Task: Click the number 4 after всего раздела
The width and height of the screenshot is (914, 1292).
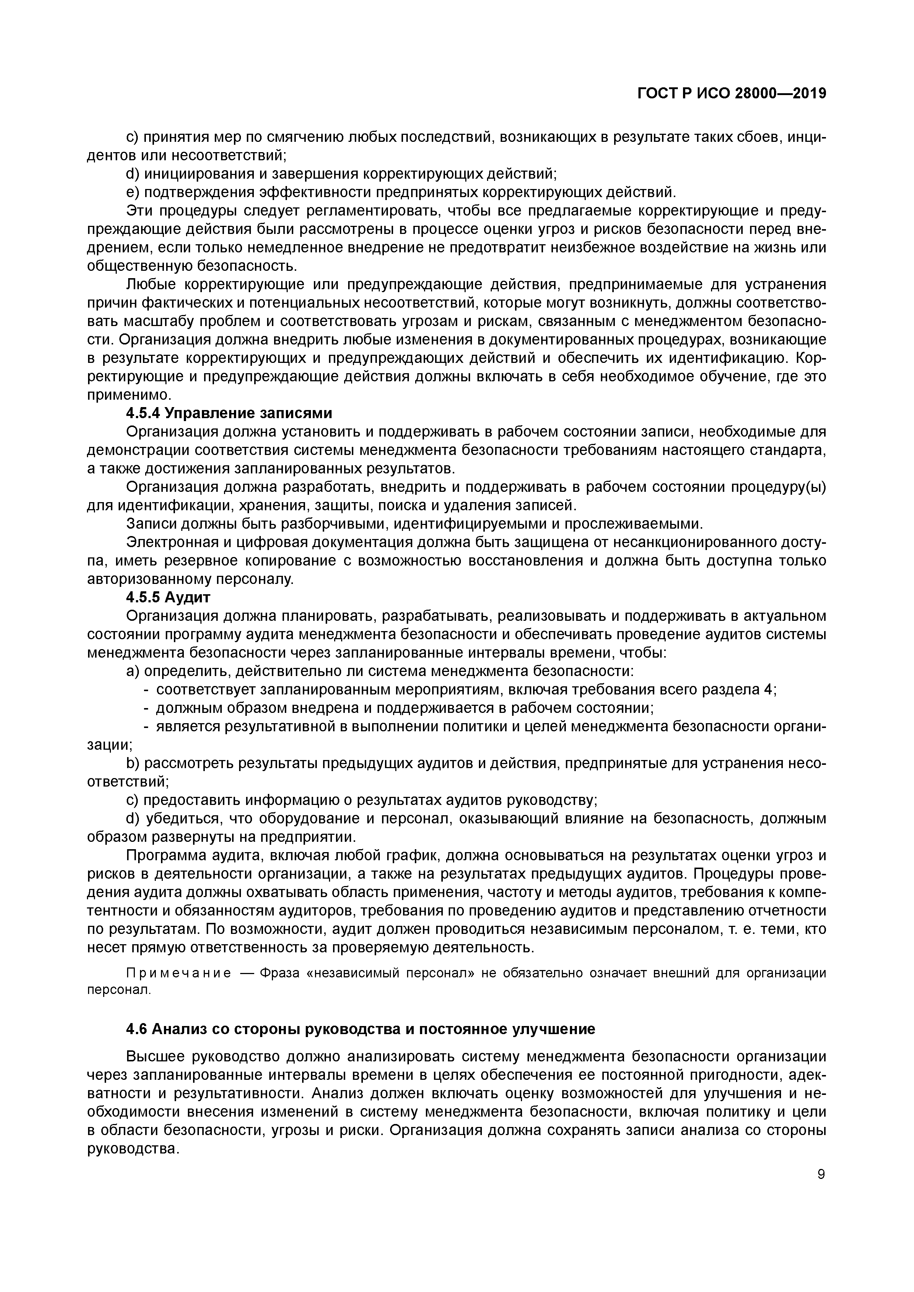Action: click(x=770, y=689)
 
